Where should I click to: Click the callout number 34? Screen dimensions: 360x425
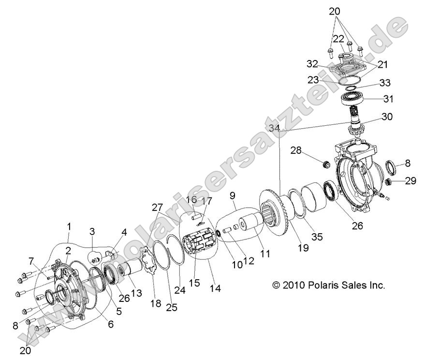point(274,128)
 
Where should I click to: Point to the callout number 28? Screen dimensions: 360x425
point(296,151)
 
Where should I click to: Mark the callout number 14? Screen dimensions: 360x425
point(215,288)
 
